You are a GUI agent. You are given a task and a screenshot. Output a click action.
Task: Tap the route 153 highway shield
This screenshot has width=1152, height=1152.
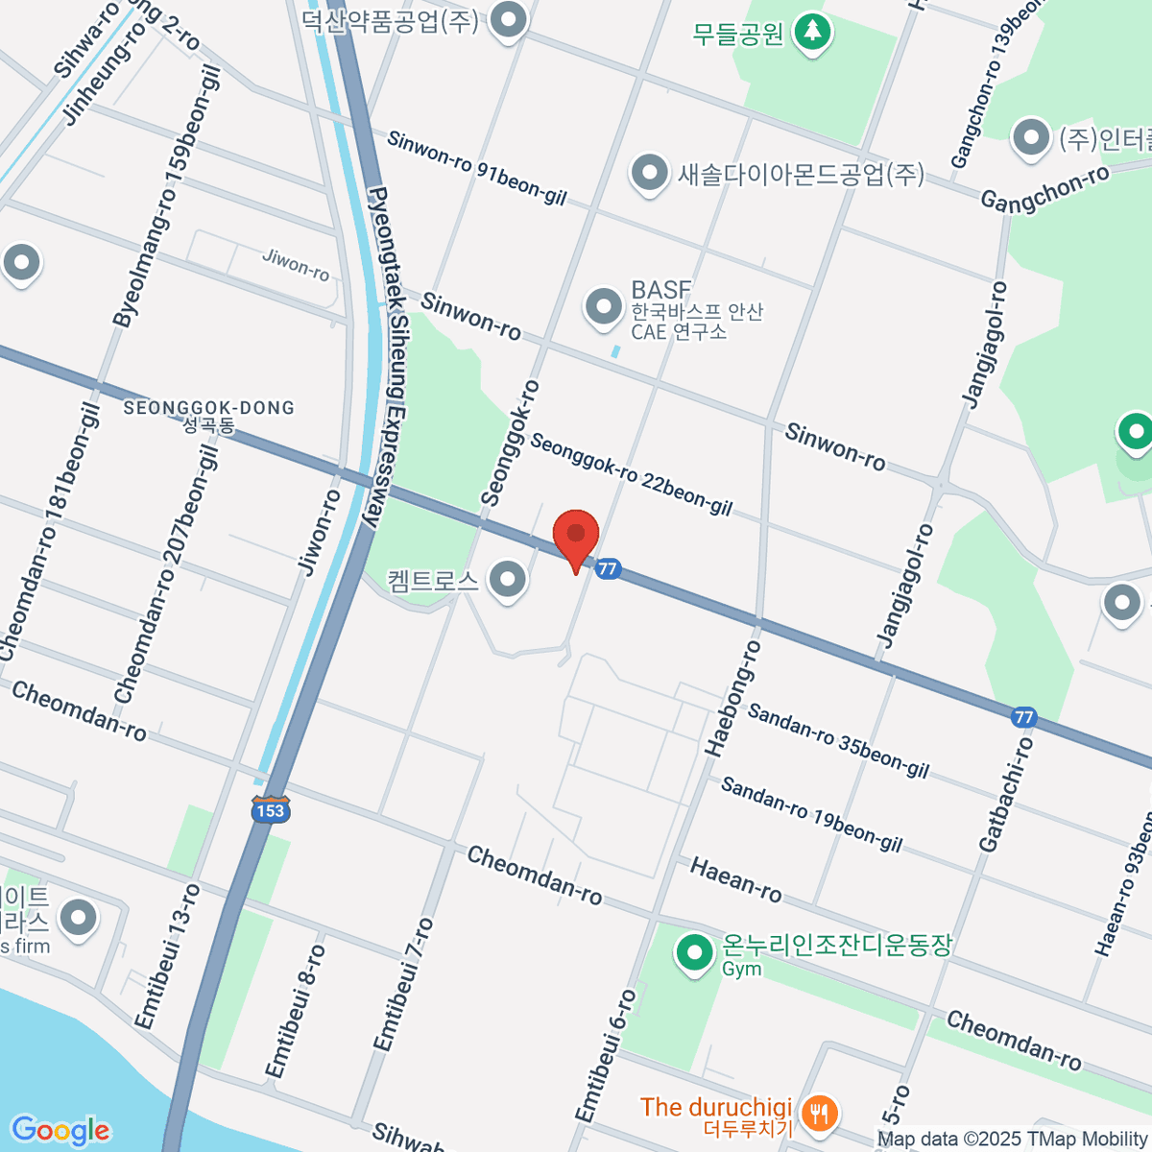point(271,809)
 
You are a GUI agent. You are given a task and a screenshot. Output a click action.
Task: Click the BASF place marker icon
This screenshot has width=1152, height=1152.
point(604,308)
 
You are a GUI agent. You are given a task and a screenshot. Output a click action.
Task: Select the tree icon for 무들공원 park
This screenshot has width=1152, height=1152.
point(813,31)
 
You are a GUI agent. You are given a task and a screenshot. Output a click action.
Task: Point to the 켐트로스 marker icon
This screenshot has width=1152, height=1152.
point(507,579)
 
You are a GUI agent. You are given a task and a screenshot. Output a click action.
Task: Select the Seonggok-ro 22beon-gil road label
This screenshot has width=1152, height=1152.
point(631,474)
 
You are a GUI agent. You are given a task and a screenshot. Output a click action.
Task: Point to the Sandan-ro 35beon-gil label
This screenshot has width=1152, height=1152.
point(838,741)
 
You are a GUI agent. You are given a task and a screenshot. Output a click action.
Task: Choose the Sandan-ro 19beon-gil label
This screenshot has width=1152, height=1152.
point(811,814)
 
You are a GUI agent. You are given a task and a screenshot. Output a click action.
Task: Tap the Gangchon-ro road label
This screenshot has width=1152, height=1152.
point(1044,187)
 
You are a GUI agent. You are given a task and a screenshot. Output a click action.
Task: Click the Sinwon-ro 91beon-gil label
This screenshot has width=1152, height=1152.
point(477,169)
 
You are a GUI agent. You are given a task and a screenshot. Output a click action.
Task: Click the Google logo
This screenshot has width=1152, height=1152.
point(60,1131)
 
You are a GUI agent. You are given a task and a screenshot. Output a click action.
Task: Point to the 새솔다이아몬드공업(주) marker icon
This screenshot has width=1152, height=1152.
point(650,174)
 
